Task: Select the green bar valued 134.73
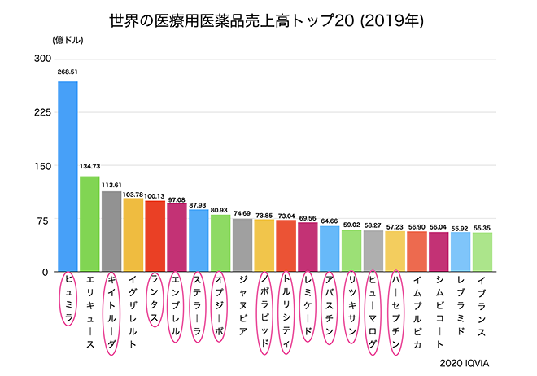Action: click(89, 224)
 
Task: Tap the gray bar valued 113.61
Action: click(111, 231)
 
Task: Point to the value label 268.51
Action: click(68, 72)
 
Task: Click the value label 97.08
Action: click(177, 199)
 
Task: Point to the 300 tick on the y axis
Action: click(42, 59)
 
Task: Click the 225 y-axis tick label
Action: click(42, 112)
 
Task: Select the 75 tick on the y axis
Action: click(44, 220)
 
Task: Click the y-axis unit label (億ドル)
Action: click(67, 39)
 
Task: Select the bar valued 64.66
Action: click(330, 249)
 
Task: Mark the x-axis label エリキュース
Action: click(89, 309)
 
